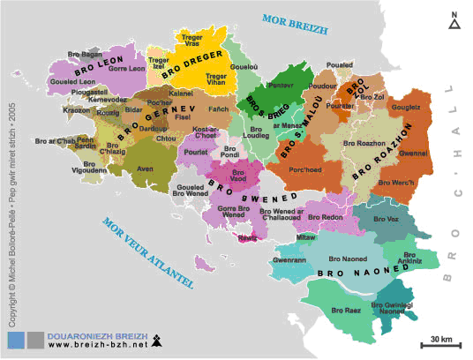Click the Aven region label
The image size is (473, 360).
(146, 168)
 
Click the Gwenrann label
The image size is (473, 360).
(290, 261)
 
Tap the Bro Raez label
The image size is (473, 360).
(345, 311)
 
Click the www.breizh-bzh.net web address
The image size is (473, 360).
(85, 345)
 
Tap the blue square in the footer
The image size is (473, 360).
(15, 340)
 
